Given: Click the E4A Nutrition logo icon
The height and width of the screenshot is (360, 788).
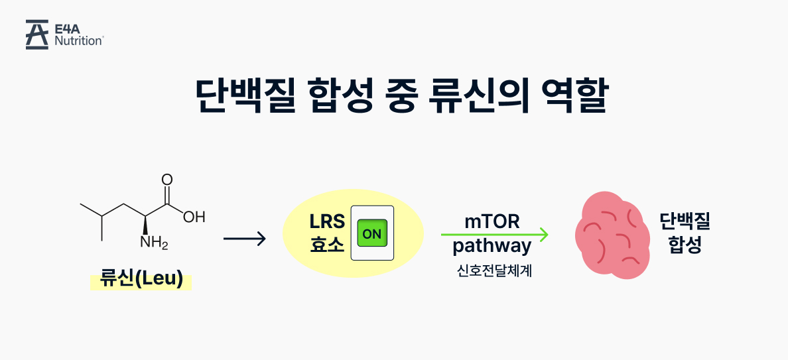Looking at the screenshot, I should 36,34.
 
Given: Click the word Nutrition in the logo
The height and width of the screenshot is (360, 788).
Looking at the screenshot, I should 79,40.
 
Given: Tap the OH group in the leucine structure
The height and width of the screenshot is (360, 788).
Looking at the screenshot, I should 194,217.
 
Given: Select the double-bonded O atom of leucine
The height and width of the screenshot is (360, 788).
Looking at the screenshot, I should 167,180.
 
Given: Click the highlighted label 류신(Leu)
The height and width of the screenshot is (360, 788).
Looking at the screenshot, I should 141,279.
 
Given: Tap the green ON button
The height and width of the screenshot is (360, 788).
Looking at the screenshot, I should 372,233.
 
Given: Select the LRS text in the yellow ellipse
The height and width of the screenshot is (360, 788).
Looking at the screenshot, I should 327,221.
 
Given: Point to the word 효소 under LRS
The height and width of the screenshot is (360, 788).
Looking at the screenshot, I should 327,245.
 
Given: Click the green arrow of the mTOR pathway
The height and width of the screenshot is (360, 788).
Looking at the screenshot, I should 495,234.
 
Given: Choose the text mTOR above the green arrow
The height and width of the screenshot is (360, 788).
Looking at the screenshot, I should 492,221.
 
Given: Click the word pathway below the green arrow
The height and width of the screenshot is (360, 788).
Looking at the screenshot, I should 492,247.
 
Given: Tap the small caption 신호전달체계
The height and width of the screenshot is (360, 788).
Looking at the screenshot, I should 492,270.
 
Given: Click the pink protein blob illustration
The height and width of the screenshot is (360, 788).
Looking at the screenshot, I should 609,235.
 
